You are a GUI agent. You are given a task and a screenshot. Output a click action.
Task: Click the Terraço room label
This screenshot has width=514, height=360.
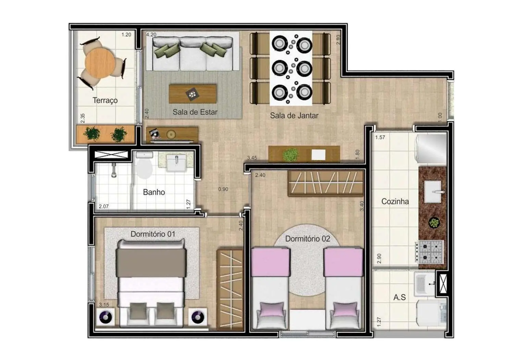(x=105, y=100)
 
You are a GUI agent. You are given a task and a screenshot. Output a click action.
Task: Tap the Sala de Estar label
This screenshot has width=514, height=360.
(x=195, y=112)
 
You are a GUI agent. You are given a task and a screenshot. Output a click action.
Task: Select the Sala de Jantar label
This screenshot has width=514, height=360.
(x=294, y=116)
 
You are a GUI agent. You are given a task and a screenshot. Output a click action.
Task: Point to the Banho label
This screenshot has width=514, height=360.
(x=154, y=192)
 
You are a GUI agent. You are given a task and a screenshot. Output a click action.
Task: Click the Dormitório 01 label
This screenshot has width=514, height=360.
(x=153, y=234)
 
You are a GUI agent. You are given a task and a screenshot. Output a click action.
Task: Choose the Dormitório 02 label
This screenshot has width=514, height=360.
(x=307, y=239)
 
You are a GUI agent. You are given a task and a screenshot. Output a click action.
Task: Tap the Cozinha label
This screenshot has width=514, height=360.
(x=395, y=202)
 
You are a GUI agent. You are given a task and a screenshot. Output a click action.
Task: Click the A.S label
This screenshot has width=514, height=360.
(x=400, y=297)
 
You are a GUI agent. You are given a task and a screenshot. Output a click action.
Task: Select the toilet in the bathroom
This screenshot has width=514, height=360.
(x=144, y=166)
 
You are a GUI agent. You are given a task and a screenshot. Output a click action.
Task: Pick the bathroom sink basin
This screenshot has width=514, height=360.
(x=176, y=163)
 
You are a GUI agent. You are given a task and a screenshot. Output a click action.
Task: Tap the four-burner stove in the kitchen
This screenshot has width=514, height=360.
(x=430, y=251)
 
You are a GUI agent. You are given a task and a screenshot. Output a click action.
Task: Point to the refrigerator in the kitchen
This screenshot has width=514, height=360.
(x=431, y=149)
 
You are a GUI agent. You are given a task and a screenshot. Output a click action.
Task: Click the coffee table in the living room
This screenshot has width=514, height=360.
(x=193, y=94)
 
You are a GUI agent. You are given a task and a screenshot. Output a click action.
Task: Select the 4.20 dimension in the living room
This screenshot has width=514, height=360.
(x=151, y=35)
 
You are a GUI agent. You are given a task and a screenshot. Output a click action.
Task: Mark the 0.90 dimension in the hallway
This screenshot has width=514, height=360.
(x=223, y=189)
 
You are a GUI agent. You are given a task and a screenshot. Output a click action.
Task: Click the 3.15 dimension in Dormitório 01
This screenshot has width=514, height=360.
(x=104, y=304)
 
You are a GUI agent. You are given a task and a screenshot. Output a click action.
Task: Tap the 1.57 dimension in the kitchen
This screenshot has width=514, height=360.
(x=380, y=137)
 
